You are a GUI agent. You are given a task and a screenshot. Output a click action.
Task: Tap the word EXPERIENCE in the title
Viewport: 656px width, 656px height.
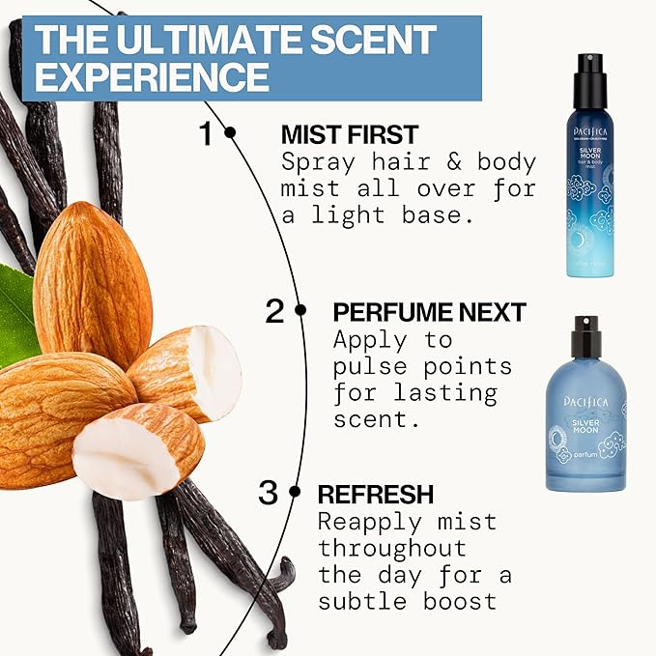click(x=151, y=76)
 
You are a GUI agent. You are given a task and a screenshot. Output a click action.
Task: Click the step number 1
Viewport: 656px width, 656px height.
click(x=205, y=134)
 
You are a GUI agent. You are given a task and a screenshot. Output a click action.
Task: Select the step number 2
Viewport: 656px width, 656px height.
click(x=275, y=311)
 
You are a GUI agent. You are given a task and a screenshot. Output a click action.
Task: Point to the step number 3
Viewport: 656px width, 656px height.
click(x=269, y=493)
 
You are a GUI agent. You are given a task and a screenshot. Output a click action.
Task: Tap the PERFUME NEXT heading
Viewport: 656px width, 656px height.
click(x=429, y=311)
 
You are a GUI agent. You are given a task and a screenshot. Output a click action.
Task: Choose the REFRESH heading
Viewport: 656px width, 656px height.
click(x=376, y=494)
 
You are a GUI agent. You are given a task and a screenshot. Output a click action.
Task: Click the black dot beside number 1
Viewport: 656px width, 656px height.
click(x=230, y=133)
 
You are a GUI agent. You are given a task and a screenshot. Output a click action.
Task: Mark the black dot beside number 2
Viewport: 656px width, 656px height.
click(x=300, y=311)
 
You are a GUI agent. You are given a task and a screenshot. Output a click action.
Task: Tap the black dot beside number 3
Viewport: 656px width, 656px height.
click(x=295, y=493)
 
